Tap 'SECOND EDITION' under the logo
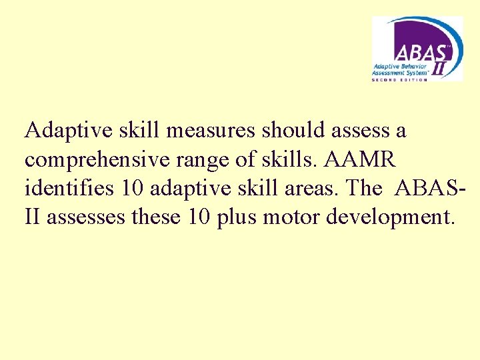[x=398, y=79]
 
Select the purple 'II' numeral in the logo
[x=440, y=67]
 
